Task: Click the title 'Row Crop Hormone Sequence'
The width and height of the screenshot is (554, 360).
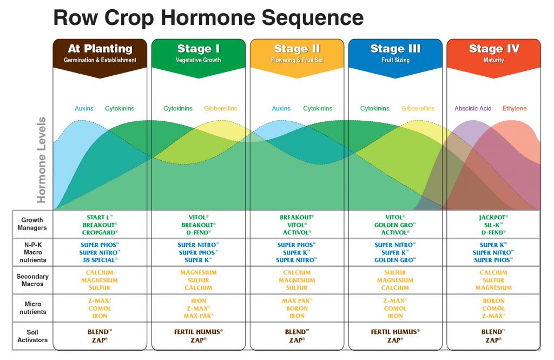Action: (208, 17)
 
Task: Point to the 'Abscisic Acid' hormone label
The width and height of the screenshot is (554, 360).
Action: (473, 108)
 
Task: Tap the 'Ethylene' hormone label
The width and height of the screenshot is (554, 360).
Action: (514, 108)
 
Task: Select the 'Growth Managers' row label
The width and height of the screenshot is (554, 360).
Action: (32, 224)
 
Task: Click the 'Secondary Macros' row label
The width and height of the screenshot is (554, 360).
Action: (32, 280)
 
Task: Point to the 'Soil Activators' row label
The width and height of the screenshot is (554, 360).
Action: (32, 336)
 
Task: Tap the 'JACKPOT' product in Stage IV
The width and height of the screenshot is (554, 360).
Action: (493, 217)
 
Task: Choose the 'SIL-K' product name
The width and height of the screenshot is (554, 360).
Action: (493, 225)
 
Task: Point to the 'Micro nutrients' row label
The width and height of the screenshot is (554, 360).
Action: (32, 308)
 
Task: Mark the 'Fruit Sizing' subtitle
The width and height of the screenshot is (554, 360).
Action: (395, 60)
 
